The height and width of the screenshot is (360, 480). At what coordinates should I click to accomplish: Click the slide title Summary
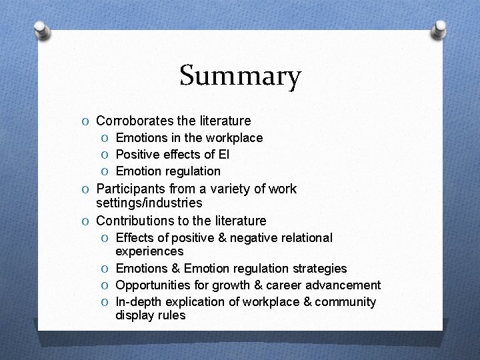240,76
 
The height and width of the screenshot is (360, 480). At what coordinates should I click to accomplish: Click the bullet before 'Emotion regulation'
106,171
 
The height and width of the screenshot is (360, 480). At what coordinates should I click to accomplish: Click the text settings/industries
149,203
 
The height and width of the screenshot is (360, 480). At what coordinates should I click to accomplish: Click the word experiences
149,251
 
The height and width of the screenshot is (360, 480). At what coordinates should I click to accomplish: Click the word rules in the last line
171,315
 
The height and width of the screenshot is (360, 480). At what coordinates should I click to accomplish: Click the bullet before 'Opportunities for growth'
106,286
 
